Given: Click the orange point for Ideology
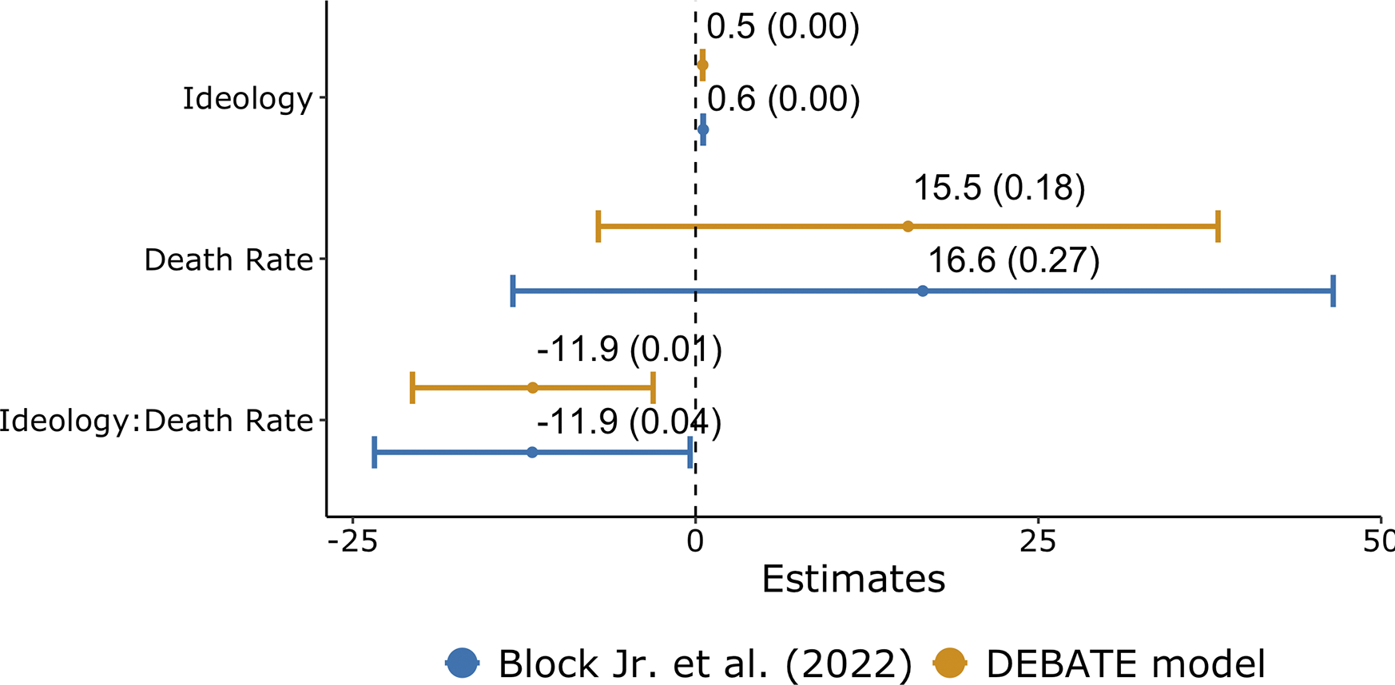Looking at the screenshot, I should (702, 65).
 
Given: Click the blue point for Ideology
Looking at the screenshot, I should (703, 129).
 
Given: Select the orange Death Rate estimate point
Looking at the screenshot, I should (908, 227).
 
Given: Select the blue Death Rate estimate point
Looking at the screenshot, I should (923, 291).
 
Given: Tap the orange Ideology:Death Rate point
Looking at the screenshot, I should (533, 388).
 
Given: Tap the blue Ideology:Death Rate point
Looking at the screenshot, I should (532, 453).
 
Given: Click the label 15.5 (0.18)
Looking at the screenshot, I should (999, 188).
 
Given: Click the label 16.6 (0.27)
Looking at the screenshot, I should (1013, 261).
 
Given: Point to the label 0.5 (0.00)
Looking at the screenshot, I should (783, 27).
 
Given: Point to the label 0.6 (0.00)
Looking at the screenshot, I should (783, 100).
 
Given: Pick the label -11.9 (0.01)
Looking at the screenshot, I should (629, 350).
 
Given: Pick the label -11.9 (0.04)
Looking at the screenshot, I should (629, 422).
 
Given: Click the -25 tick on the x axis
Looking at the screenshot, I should (352, 542).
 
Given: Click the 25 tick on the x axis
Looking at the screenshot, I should (1038, 542).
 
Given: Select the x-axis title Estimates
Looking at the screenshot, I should (853, 579).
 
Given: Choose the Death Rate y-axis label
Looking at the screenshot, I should (229, 259).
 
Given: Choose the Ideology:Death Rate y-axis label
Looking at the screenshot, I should (156, 421).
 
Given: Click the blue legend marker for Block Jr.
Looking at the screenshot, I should (463, 663).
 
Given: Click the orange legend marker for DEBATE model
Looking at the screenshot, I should (950, 663).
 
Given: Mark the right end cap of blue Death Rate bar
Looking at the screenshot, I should (1333, 291).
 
